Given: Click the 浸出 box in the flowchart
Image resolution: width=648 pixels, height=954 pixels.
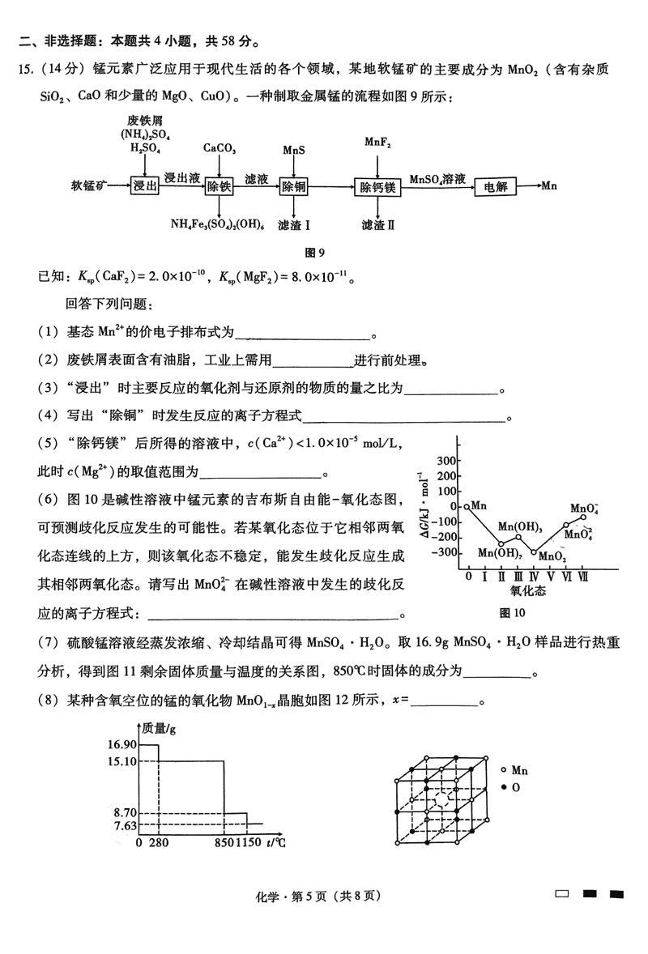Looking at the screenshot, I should click(144, 186).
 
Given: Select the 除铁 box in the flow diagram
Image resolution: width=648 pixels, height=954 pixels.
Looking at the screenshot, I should click(220, 186).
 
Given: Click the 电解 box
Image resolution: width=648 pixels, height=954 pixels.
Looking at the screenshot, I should click(496, 186).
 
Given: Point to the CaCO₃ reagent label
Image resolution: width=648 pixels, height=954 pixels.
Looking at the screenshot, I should click(220, 149).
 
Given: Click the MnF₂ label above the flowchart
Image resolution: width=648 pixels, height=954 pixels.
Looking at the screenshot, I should click(377, 143).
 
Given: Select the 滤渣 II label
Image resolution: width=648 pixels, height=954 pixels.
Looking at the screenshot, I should click(377, 224).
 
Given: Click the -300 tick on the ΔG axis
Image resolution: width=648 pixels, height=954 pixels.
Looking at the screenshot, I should click(446, 552).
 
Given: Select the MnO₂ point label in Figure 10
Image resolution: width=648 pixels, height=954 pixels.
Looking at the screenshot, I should click(552, 556).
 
